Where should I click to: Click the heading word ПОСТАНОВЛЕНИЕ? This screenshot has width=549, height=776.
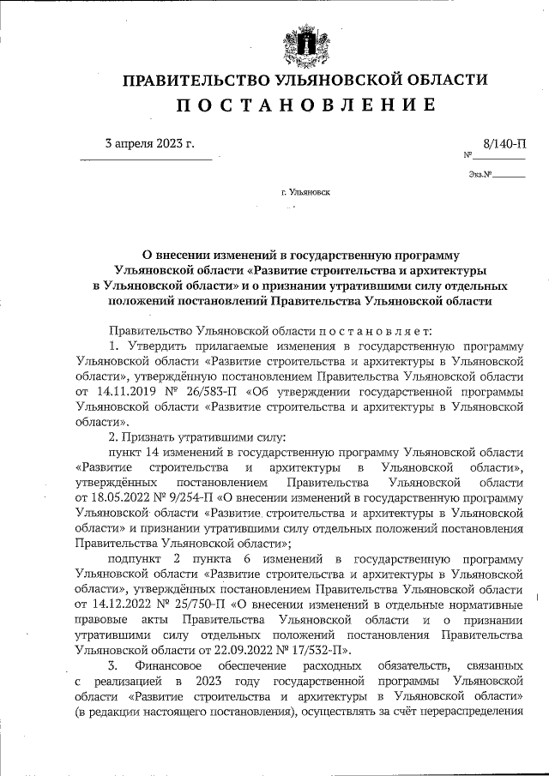(x=305, y=105)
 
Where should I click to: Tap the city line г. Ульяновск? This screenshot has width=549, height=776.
(x=305, y=193)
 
